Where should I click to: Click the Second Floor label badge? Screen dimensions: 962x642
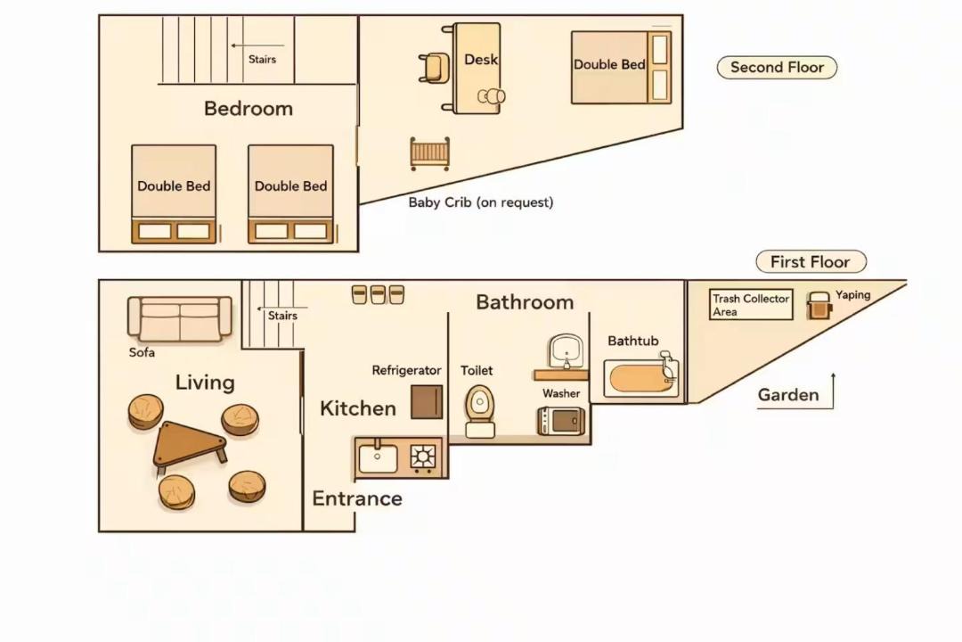pyautogui.click(x=777, y=68)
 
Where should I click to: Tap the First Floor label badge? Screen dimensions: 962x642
pyautogui.click(x=811, y=262)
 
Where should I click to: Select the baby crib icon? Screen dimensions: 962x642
pyautogui.click(x=429, y=153)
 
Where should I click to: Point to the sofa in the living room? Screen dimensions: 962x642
pyautogui.click(x=180, y=319)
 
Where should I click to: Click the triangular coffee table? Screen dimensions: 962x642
pyautogui.click(x=189, y=443)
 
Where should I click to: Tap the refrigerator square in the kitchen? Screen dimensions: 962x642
pyautogui.click(x=427, y=402)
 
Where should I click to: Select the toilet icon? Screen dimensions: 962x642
pyautogui.click(x=480, y=411)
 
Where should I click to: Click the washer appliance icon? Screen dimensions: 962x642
pyautogui.click(x=561, y=421)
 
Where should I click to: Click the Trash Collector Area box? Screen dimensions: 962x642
pyautogui.click(x=750, y=305)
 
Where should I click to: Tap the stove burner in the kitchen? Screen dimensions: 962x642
pyautogui.click(x=423, y=457)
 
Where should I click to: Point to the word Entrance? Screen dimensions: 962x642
pyautogui.click(x=357, y=498)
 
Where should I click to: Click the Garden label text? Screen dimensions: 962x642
pyautogui.click(x=787, y=395)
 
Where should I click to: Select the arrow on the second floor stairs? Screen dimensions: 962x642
pyautogui.click(x=257, y=45)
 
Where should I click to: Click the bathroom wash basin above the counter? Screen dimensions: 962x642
pyautogui.click(x=566, y=351)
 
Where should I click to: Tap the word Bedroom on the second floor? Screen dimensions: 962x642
pyautogui.click(x=249, y=109)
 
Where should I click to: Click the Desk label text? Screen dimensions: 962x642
pyautogui.click(x=481, y=60)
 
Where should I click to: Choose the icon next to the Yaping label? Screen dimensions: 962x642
pyautogui.click(x=819, y=305)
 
